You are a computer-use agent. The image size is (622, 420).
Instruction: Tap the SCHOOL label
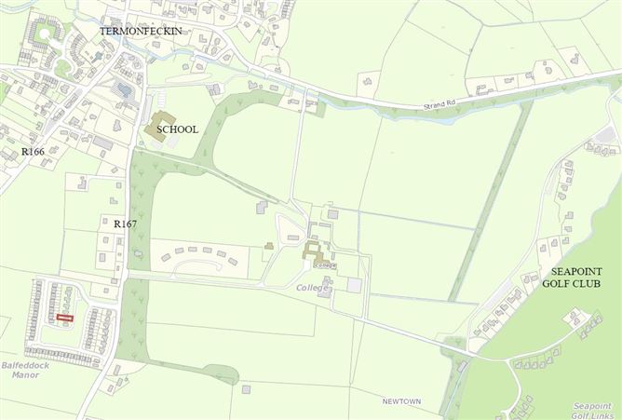coord(177,129)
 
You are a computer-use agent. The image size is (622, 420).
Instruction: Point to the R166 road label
coord(33,151)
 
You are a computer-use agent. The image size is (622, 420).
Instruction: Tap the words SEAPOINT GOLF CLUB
coord(574,277)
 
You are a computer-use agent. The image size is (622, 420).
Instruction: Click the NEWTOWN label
coord(401,401)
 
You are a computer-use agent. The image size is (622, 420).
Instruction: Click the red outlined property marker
coord(64,318)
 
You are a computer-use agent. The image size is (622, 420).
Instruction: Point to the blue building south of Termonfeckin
coord(124,90)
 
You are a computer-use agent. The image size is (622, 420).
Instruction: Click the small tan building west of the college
coord(269,246)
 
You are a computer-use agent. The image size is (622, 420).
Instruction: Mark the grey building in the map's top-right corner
coord(606,137)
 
